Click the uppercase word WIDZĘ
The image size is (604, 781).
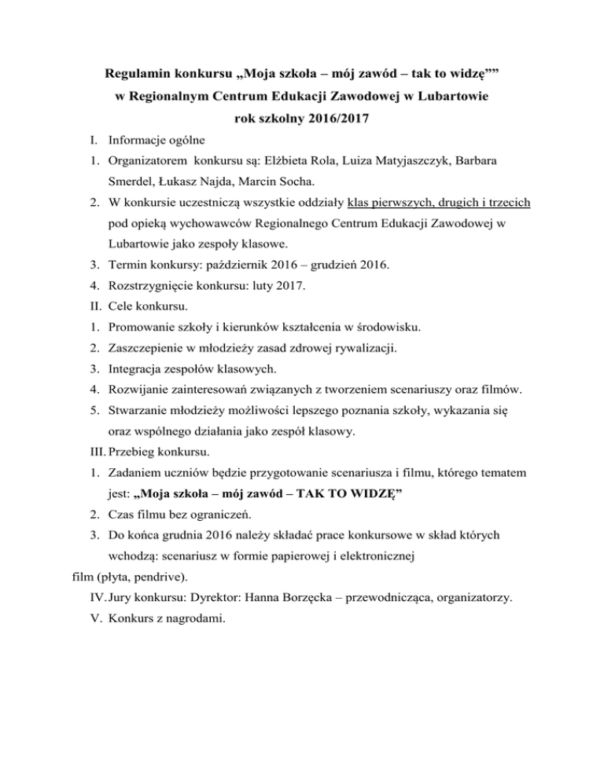(368, 493)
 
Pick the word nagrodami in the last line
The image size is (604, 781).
(194, 619)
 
